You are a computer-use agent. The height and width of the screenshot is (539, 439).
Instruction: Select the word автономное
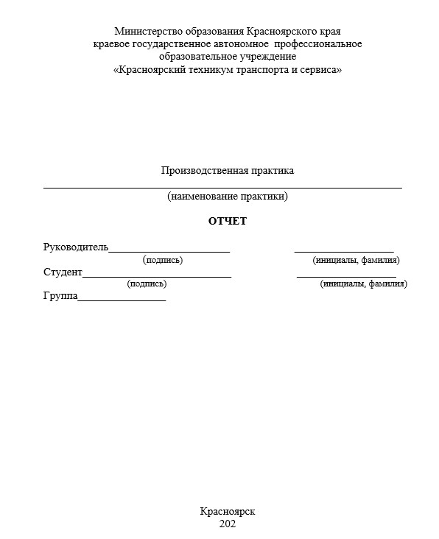237,43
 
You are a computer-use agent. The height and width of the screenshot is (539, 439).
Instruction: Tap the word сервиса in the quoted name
317,69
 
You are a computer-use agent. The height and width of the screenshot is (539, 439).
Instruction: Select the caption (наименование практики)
227,197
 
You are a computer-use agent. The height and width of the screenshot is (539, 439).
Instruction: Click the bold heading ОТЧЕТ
227,221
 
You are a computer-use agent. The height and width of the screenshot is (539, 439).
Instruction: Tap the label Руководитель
76,247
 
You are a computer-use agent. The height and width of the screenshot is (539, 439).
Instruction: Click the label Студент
63,272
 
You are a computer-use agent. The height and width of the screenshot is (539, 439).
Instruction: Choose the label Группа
60,297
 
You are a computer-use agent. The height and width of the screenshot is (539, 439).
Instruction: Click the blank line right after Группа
122,300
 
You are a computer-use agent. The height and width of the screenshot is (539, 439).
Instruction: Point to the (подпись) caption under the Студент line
147,283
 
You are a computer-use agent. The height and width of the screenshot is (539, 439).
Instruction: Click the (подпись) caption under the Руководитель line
163,259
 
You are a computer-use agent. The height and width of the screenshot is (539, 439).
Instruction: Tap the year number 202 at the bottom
227,524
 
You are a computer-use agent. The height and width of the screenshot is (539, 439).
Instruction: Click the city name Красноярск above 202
227,511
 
